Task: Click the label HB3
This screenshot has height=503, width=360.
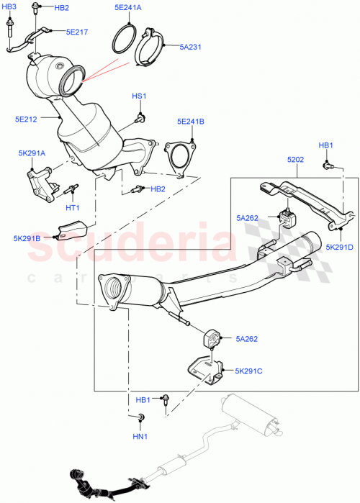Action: tap(9, 6)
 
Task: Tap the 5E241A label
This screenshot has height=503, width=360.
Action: tap(128, 8)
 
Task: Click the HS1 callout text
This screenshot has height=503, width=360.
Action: tap(138, 96)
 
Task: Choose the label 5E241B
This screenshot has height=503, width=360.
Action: tap(191, 122)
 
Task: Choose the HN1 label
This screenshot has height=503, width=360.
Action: tap(139, 436)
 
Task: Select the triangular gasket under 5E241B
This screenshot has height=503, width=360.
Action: tap(176, 157)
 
